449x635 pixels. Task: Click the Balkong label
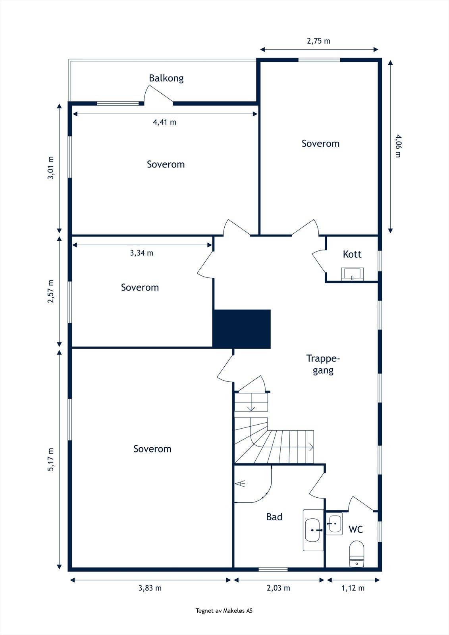(x=166, y=78)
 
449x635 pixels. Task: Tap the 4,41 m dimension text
(x=164, y=122)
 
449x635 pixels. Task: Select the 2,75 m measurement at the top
(x=318, y=41)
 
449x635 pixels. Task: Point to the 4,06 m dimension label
(x=398, y=146)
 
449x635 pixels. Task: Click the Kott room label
(x=352, y=254)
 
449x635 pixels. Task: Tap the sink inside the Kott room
(x=352, y=274)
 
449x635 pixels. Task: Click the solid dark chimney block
(x=242, y=329)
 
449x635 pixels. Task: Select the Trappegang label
(x=323, y=365)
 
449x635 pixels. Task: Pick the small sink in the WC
(x=334, y=524)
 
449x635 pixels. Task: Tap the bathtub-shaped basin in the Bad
(x=313, y=530)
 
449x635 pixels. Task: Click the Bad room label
(x=274, y=517)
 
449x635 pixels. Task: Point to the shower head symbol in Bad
(x=240, y=484)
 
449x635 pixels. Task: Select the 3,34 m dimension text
(x=142, y=253)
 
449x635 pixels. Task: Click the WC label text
(x=356, y=529)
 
